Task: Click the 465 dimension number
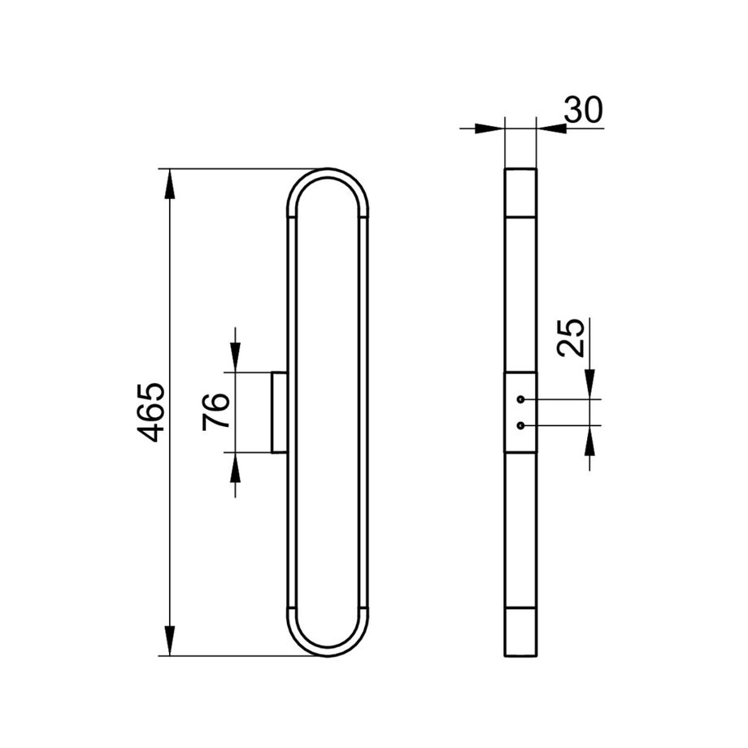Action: pyautogui.click(x=150, y=412)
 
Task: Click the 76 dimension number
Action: pyautogui.click(x=216, y=411)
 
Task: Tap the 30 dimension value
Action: pyautogui.click(x=583, y=110)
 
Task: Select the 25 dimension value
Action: pyautogui.click(x=571, y=337)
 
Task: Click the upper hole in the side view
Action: pyautogui.click(x=520, y=399)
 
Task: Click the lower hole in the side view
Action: pyautogui.click(x=520, y=425)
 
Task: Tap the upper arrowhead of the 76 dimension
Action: pyautogui.click(x=235, y=357)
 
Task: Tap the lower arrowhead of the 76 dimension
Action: pyautogui.click(x=235, y=467)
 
